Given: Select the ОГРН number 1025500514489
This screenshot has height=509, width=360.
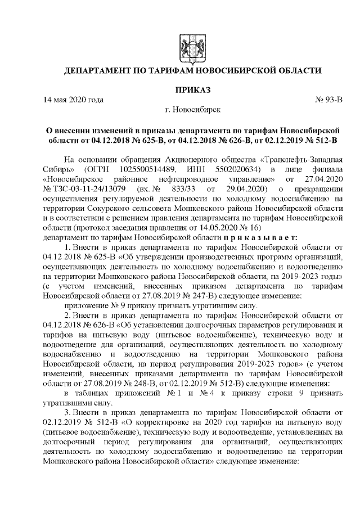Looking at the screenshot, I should point(154,169).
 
